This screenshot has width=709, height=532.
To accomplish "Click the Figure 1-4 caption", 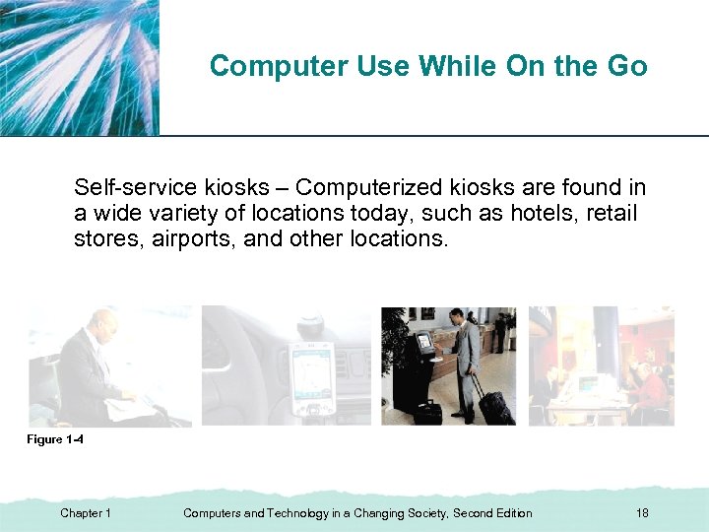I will (54, 439).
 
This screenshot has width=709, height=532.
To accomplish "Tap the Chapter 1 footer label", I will (86, 513).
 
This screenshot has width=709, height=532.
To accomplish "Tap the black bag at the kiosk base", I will (427, 412).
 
